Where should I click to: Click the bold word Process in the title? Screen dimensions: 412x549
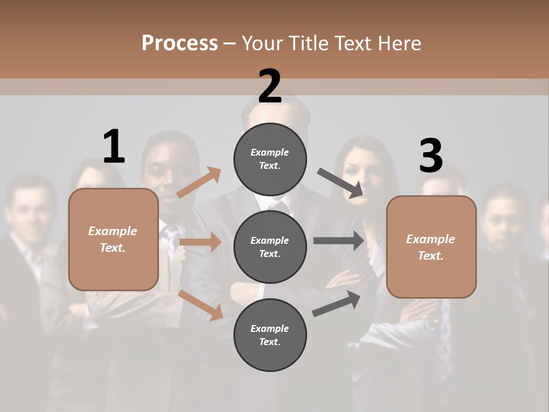coord(180,43)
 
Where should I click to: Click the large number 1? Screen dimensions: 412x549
coord(114,146)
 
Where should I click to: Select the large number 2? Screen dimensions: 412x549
coord(270,86)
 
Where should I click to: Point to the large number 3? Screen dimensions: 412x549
coord(431,156)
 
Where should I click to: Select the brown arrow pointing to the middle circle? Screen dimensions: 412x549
coord(200,242)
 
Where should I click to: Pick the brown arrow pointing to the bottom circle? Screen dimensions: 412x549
coord(201,304)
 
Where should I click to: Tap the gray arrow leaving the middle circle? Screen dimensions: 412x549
coord(339,240)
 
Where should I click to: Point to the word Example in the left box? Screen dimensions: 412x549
coord(113,231)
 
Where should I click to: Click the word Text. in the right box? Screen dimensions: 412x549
coord(431,256)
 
